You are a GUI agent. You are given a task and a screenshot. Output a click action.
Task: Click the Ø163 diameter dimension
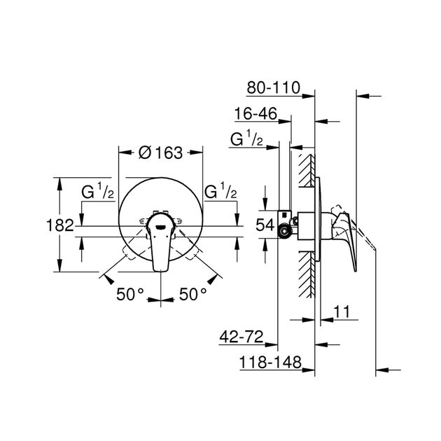[160, 152]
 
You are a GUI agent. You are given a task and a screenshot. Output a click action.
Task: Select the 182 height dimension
[64, 225]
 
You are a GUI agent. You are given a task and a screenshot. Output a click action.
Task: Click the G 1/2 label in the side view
[246, 140]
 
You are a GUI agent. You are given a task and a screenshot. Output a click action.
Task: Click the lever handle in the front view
[160, 241]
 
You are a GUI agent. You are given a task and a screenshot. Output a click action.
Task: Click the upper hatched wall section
[306, 168]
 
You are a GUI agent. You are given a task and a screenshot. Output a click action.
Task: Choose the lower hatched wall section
[306, 276]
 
